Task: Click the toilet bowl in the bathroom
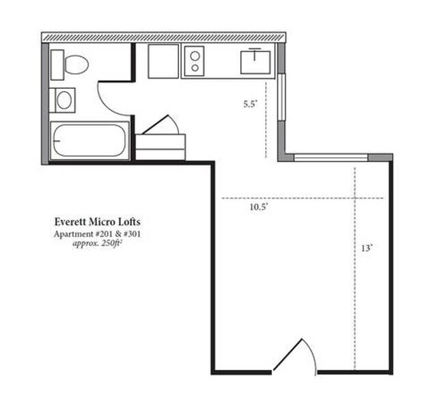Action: pyautogui.click(x=77, y=65)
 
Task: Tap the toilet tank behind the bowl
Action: pyautogui.click(x=57, y=65)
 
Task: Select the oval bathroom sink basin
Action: pyautogui.click(x=64, y=100)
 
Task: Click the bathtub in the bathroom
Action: pyautogui.click(x=89, y=141)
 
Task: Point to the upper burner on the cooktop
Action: pyautogui.click(x=195, y=56)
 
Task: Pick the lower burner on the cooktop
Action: pyautogui.click(x=195, y=68)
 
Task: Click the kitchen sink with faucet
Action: pyautogui.click(x=255, y=62)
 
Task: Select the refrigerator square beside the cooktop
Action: pyautogui.click(x=163, y=62)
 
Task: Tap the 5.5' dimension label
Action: pyautogui.click(x=250, y=104)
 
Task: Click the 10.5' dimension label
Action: pyautogui.click(x=259, y=207)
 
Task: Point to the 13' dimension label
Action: pyautogui.click(x=366, y=248)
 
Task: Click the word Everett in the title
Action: pyautogui.click(x=71, y=222)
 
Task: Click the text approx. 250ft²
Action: pyautogui.click(x=97, y=243)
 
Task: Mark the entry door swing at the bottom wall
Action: pyautogui.click(x=294, y=356)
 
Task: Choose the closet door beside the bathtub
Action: pyautogui.click(x=161, y=124)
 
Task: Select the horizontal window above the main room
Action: pyautogui.click(x=331, y=158)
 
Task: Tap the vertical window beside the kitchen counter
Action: pyautogui.click(x=281, y=97)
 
